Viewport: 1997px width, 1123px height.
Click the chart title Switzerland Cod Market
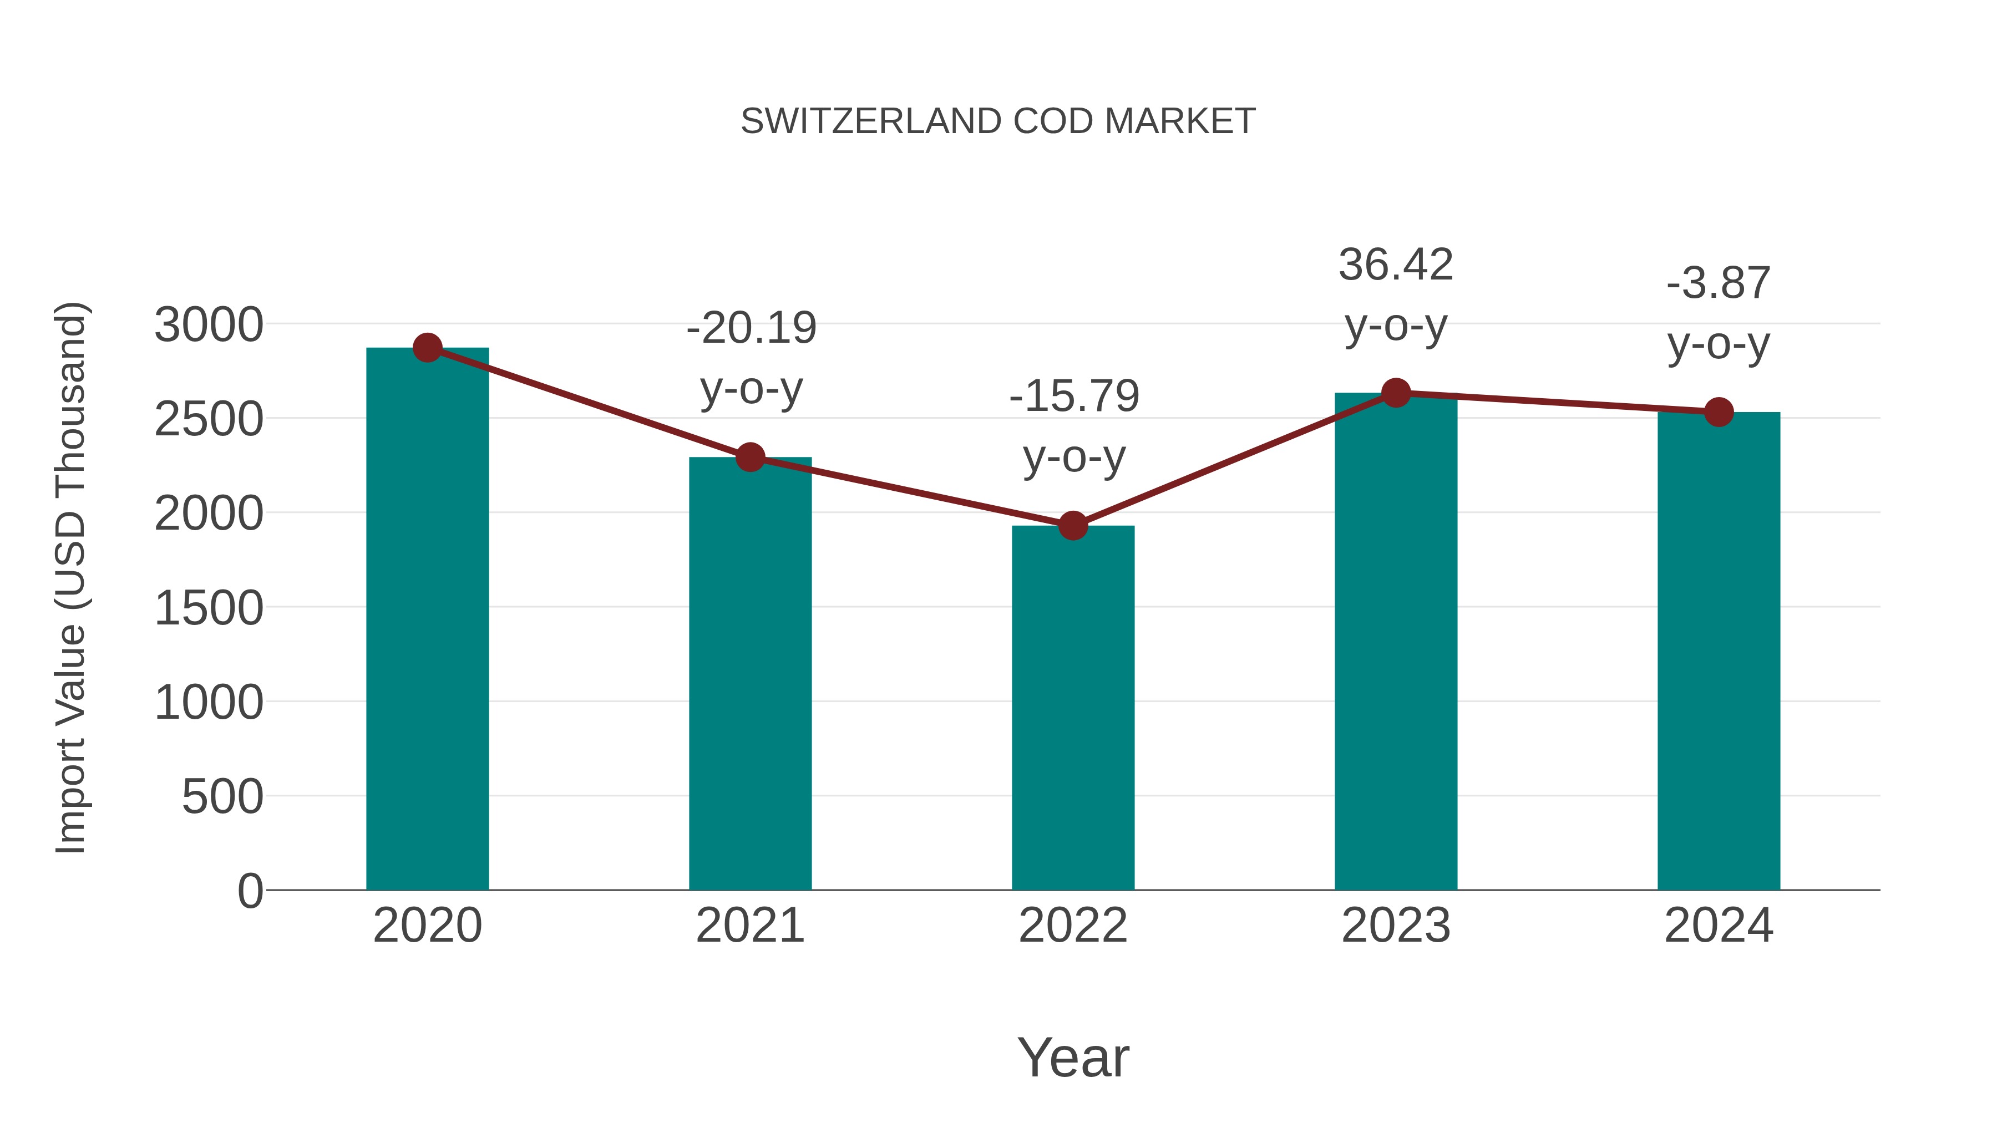click(x=998, y=121)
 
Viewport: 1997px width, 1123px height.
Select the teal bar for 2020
click(x=427, y=620)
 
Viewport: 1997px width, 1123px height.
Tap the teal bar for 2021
click(x=749, y=674)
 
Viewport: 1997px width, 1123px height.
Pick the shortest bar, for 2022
click(x=1073, y=709)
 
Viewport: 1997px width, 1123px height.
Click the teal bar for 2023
click(x=1396, y=643)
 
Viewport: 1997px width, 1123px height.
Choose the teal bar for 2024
click(x=1719, y=651)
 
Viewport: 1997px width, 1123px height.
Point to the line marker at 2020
click(x=427, y=348)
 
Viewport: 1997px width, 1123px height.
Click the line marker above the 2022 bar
click(x=1073, y=526)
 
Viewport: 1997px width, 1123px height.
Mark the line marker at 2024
click(x=1719, y=412)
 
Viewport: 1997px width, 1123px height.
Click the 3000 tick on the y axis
click(x=209, y=326)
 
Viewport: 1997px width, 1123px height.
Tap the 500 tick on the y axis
click(x=222, y=797)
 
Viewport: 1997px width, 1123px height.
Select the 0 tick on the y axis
click(x=250, y=891)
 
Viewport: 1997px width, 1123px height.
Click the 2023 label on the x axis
click(x=1396, y=926)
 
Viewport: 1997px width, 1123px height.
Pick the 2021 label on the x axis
click(x=749, y=926)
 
